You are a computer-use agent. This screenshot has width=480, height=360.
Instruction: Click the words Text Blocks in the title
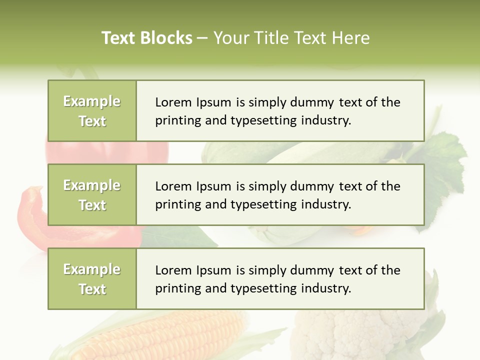click(x=147, y=38)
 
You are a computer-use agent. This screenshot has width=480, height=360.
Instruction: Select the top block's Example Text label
click(x=92, y=111)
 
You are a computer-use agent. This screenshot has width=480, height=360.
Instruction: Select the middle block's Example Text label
click(x=92, y=195)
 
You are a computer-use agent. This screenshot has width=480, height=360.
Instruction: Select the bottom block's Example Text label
click(x=92, y=279)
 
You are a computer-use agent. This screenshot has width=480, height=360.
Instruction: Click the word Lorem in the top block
click(x=171, y=102)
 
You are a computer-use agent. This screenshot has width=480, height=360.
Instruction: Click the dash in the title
click(x=202, y=38)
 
